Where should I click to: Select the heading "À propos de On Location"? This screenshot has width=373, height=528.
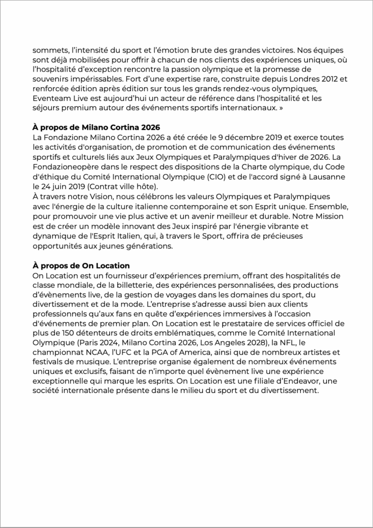(81, 266)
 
